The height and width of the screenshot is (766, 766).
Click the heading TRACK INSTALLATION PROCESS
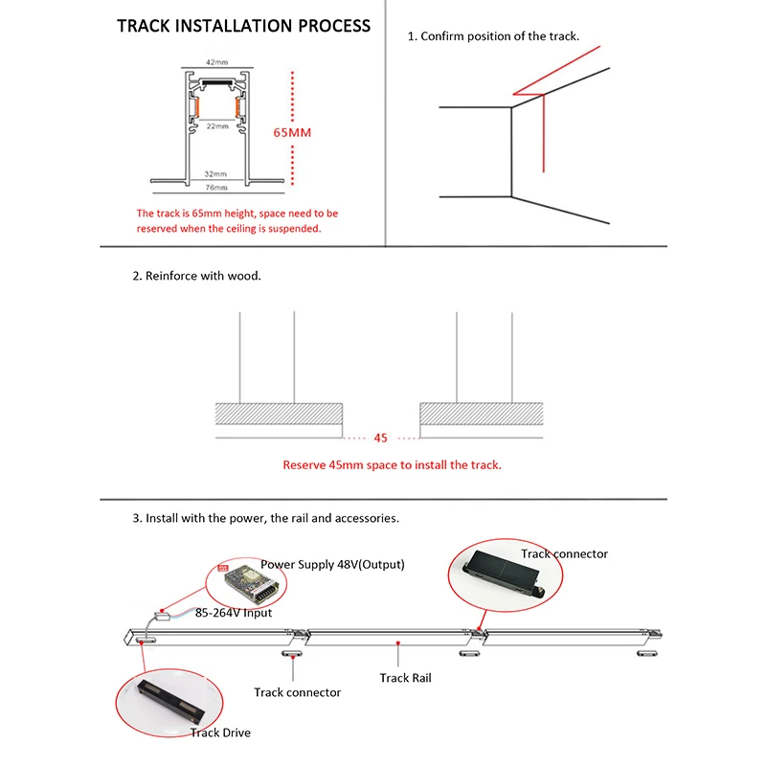click(243, 26)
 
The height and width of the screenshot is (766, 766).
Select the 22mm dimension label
click(216, 125)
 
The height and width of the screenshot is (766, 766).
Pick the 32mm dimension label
click(214, 174)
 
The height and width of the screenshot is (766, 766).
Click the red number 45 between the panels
click(380, 438)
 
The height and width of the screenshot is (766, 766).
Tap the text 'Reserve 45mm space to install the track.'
click(392, 465)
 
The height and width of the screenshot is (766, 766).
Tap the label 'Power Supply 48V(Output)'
click(332, 565)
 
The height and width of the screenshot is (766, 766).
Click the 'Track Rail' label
click(405, 678)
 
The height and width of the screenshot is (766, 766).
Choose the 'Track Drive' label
click(219, 732)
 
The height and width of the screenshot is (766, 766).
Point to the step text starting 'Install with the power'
click(265, 518)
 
